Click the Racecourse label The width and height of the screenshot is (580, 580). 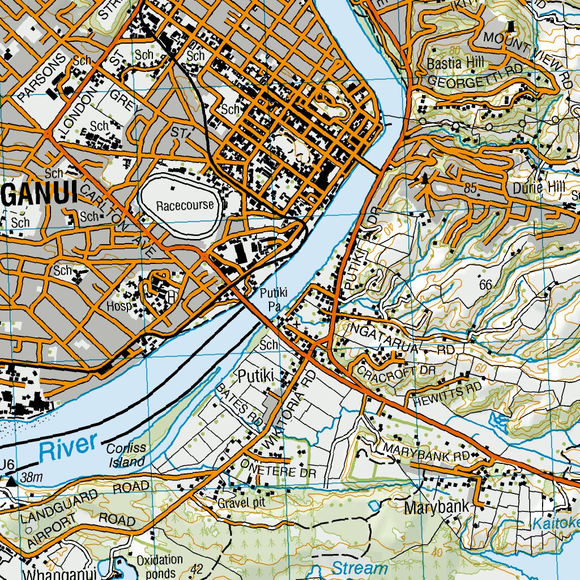pos(186,204)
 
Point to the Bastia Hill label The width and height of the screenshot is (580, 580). pos(451,63)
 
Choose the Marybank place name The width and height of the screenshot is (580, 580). pos(437,507)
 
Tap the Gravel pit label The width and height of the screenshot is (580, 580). pos(241,502)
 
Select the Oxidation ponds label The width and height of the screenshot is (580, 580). pos(160,565)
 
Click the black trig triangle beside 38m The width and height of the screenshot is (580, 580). pos(12,481)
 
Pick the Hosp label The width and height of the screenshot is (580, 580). pos(119,306)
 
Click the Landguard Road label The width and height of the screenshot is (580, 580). pos(85,502)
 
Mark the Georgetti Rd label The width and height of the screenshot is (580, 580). pos(475,82)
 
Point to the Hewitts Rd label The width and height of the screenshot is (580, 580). pos(447,390)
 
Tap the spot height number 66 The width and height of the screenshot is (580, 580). pos(485,285)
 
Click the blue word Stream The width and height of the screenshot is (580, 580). pos(360,568)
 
